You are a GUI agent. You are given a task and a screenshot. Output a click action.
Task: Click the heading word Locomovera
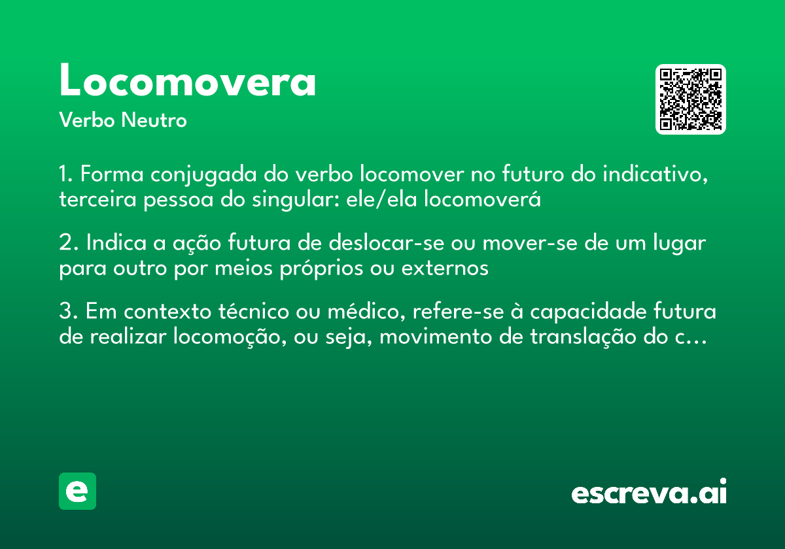point(188,81)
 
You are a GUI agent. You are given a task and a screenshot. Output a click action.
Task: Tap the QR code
point(691,99)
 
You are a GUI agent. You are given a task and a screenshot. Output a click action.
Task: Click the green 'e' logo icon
point(77,491)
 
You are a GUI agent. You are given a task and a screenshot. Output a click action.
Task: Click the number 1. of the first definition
point(67,175)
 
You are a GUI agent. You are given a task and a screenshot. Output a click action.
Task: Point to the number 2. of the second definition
point(68,243)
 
